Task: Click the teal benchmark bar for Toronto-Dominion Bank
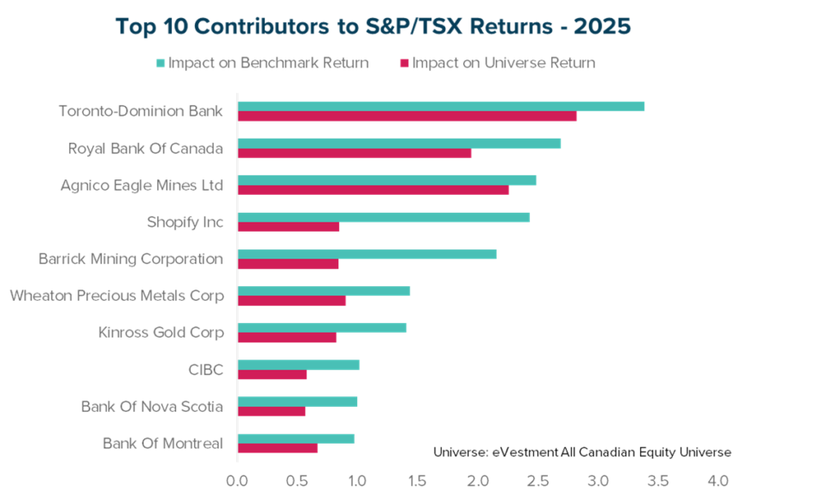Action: (x=440, y=106)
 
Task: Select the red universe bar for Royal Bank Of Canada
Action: (x=354, y=153)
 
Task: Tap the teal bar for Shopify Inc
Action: (x=383, y=217)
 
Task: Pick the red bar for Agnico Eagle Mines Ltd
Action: (x=373, y=190)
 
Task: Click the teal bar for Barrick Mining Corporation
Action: (x=367, y=254)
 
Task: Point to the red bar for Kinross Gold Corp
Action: (x=286, y=338)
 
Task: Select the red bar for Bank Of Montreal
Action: (x=277, y=448)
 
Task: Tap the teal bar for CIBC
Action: (x=298, y=364)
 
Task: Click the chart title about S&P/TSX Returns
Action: (x=373, y=26)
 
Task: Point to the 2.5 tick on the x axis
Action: (x=537, y=481)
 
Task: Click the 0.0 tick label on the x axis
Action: (x=237, y=481)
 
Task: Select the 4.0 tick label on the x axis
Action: (x=718, y=481)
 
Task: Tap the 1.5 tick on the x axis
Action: (x=417, y=481)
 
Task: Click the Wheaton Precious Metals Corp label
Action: (x=117, y=295)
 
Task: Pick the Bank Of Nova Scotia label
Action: (x=152, y=406)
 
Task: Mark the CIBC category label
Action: (x=205, y=370)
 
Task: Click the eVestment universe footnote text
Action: (x=582, y=452)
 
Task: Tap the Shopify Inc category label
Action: (x=185, y=222)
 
